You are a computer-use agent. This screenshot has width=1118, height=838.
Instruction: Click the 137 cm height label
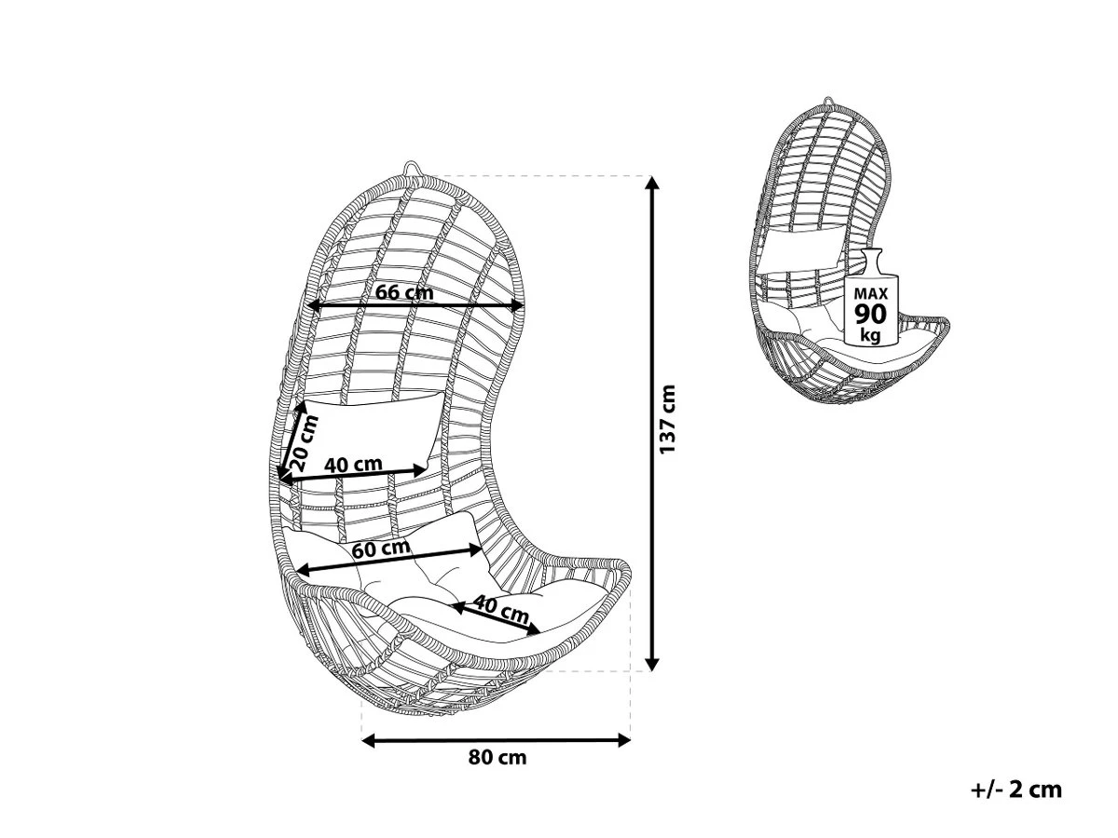click(667, 419)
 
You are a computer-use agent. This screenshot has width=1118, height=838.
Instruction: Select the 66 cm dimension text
click(404, 292)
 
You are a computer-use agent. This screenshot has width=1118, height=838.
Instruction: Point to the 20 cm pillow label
click(304, 443)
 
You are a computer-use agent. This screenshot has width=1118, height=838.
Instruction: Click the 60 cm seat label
click(381, 549)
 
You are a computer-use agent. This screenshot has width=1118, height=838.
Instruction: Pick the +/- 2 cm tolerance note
click(1016, 791)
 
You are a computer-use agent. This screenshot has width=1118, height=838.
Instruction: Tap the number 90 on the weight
click(870, 314)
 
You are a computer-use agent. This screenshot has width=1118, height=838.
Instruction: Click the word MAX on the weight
click(870, 293)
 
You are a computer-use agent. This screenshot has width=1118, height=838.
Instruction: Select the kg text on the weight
click(870, 335)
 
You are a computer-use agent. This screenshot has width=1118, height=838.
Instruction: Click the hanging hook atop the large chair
click(413, 168)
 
